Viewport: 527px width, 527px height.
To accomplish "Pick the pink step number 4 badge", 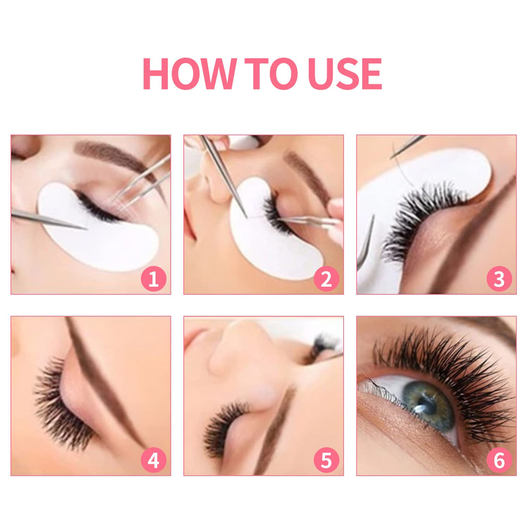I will (x=153, y=461).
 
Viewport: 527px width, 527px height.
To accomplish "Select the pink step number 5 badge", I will (x=326, y=461).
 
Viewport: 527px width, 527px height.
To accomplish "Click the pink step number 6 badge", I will (x=499, y=461).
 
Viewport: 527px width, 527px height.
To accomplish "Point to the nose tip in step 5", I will (x=240, y=335).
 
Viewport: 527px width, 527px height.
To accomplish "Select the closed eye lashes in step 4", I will (x=62, y=407).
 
